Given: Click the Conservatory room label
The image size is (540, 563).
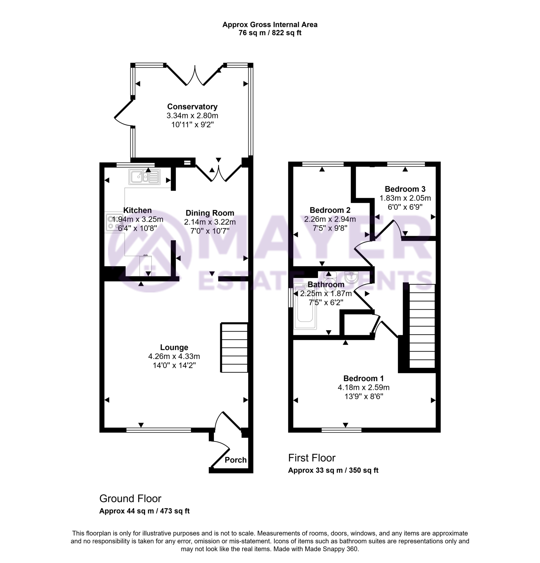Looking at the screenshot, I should (x=192, y=107).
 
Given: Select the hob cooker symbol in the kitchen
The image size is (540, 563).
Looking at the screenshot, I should (x=111, y=222).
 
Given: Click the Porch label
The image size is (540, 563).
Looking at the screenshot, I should (x=235, y=460).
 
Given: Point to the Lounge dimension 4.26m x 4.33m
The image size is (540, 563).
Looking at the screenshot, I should (x=174, y=357).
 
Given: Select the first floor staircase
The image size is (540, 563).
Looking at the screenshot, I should (x=422, y=326).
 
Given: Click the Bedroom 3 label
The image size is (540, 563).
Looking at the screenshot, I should (x=405, y=189).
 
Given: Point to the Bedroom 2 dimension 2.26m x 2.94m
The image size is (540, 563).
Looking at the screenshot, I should (x=330, y=219).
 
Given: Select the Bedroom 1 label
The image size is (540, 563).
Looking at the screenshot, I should (x=363, y=378).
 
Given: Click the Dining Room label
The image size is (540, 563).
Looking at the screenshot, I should (x=210, y=213).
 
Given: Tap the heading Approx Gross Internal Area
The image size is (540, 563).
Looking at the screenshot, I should (x=270, y=25).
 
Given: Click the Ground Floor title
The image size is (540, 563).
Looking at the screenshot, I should (x=130, y=499).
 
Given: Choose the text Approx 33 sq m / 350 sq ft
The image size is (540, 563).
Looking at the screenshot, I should (x=333, y=471).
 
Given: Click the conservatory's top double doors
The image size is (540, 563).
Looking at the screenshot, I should (x=195, y=75).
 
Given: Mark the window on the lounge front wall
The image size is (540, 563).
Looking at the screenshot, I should (x=158, y=430).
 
